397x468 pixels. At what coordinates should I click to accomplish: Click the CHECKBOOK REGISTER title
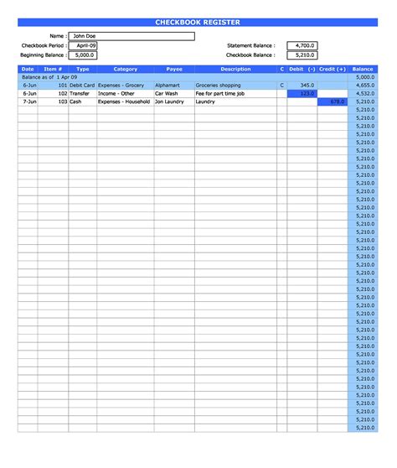click(x=198, y=22)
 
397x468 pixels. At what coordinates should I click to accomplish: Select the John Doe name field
click(x=131, y=36)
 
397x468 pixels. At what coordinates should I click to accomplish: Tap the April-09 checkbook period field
click(x=83, y=45)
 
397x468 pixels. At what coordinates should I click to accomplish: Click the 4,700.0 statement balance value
click(x=302, y=45)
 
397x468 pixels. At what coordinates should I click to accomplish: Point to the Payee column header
click(x=174, y=69)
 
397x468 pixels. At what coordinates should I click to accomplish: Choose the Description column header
click(x=235, y=69)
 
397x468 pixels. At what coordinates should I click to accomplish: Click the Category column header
click(x=125, y=69)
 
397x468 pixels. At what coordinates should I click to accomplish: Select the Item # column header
click(x=53, y=69)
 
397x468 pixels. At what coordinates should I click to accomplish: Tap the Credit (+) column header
click(x=333, y=69)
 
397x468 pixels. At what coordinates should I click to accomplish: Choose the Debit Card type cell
click(x=83, y=86)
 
